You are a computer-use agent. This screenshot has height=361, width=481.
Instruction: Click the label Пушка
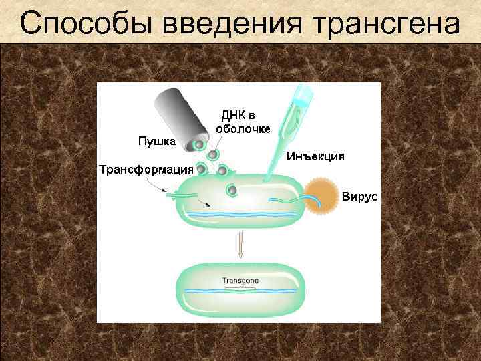156,141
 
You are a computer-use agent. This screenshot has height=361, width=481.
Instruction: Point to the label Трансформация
146,168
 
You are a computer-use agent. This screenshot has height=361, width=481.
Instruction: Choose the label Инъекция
315,157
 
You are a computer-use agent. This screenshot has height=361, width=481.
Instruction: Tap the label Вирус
360,197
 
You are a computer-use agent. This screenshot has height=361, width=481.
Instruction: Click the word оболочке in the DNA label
243,129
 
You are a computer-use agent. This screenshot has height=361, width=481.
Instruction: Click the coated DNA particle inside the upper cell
232,191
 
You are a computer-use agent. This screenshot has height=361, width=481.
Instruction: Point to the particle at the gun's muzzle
198,145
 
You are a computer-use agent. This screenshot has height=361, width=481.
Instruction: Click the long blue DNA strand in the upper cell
240,214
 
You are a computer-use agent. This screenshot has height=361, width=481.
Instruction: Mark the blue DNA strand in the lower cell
240,291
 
